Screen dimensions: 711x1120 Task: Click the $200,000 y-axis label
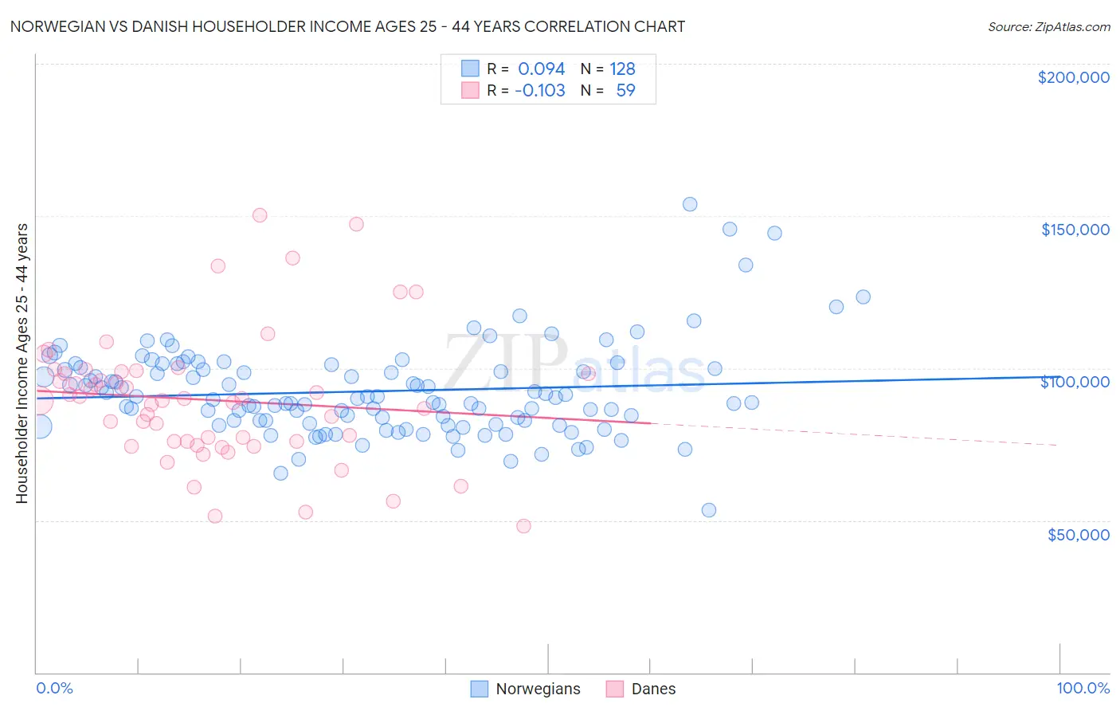tap(1073, 77)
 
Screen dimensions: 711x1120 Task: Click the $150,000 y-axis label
tap(1075, 230)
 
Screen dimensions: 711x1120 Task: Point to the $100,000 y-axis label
tap(1075, 382)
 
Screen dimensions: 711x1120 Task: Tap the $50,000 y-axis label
tap(1078, 535)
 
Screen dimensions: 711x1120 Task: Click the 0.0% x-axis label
tap(54, 688)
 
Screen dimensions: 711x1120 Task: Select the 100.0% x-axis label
tap(1083, 688)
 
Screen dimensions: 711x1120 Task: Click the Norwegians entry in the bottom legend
tap(538, 689)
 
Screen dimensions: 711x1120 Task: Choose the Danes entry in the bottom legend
tap(653, 689)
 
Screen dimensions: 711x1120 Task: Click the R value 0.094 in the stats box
tap(541, 69)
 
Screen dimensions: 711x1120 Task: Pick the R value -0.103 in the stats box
tap(539, 90)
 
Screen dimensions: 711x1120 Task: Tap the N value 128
tap(622, 69)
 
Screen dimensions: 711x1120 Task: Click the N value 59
tap(625, 90)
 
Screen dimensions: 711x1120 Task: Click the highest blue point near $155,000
tap(690, 204)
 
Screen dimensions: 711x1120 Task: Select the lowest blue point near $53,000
tap(709, 510)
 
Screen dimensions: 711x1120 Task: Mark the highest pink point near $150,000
tap(260, 215)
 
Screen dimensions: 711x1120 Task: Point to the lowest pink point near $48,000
tap(523, 526)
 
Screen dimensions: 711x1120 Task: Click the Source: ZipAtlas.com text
tap(1048, 26)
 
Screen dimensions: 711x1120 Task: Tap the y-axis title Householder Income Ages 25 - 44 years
tap(22, 363)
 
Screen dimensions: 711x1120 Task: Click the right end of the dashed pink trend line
tap(1058, 445)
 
